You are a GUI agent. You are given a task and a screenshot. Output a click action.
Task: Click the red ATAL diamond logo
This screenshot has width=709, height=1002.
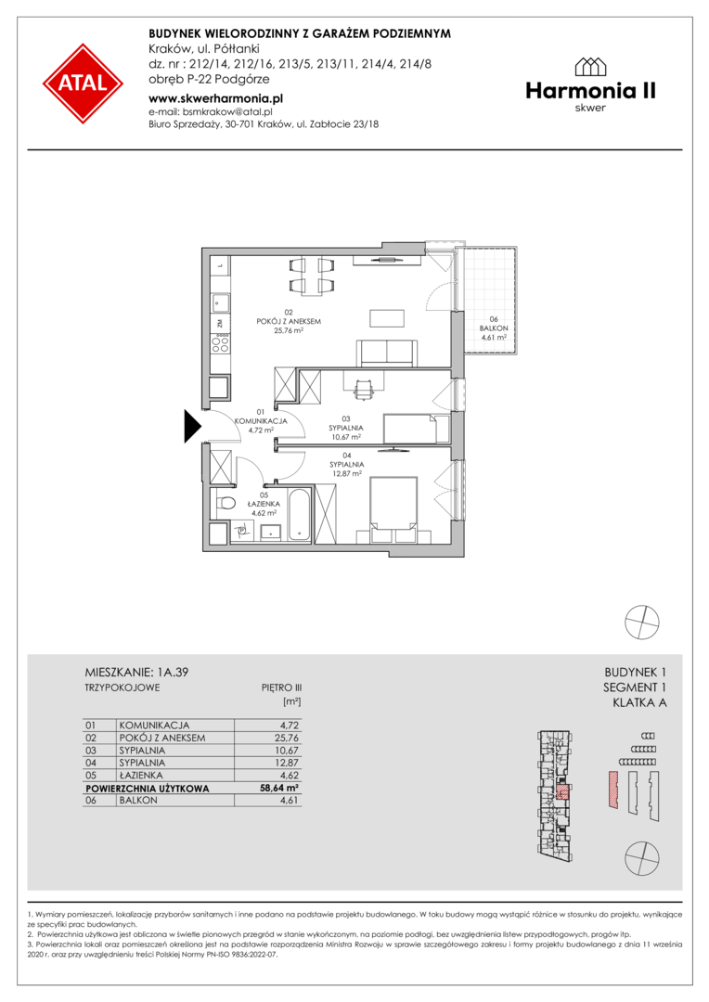pyautogui.click(x=84, y=83)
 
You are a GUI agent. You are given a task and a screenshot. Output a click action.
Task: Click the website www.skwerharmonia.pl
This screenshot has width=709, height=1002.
pyautogui.click(x=215, y=98)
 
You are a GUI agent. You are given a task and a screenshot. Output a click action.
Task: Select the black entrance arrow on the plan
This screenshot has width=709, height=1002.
pyautogui.click(x=193, y=426)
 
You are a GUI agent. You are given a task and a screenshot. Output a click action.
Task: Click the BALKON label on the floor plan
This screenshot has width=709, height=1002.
pyautogui.click(x=494, y=328)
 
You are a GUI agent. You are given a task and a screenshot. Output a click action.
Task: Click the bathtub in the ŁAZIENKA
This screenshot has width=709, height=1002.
pyautogui.click(x=299, y=514)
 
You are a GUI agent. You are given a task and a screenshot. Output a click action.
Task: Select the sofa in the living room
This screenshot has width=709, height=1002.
pyautogui.click(x=387, y=353)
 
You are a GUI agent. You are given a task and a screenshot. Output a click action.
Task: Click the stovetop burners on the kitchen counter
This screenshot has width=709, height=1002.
pyautogui.click(x=221, y=343)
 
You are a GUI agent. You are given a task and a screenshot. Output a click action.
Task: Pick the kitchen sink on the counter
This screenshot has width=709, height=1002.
pyautogui.click(x=221, y=302)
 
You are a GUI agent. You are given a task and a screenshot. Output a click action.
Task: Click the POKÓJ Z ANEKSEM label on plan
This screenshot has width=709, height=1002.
pyautogui.click(x=289, y=321)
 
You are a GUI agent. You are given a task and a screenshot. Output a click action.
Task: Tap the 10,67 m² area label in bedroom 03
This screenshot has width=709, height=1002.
pyautogui.click(x=345, y=437)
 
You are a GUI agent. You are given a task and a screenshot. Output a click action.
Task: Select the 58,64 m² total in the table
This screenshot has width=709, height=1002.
pyautogui.click(x=279, y=788)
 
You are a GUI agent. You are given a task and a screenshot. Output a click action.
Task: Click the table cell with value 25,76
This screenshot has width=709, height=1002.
pyautogui.click(x=286, y=738)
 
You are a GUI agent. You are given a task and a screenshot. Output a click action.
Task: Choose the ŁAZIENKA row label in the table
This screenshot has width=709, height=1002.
pyautogui.click(x=141, y=775)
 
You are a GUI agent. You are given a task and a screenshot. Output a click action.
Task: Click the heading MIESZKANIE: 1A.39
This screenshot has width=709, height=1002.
pyautogui.click(x=136, y=673)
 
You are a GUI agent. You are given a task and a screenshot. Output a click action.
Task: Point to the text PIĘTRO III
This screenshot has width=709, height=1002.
pyautogui.click(x=281, y=687)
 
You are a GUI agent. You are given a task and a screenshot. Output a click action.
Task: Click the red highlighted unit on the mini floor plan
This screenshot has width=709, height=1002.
pyautogui.click(x=562, y=791)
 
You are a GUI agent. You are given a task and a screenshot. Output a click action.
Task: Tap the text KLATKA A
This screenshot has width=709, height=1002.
pyautogui.click(x=639, y=703)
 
